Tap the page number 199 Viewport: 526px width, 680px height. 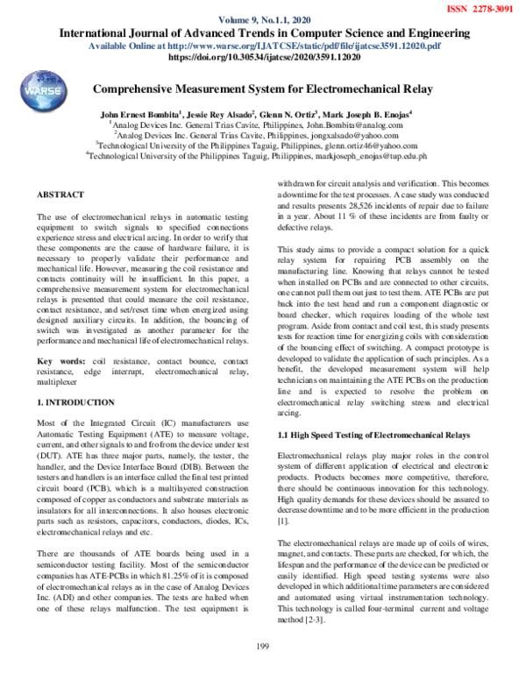coord(261,670)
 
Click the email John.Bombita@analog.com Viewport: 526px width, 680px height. coord(353,125)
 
